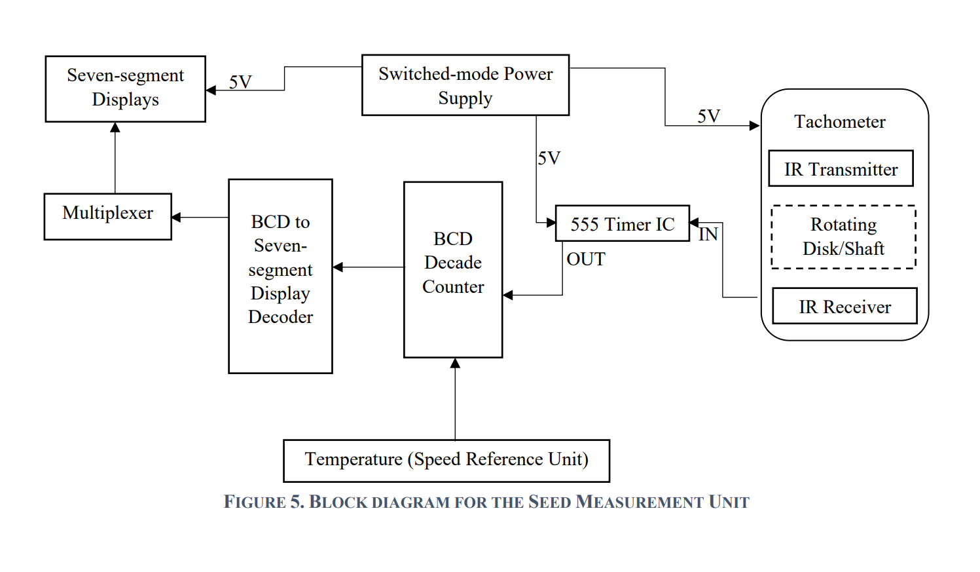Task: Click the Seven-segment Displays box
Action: click(x=125, y=88)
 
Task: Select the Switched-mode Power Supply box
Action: click(x=465, y=85)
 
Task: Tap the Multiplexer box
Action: click(x=107, y=216)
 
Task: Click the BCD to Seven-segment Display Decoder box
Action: click(x=280, y=276)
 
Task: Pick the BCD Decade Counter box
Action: click(x=453, y=269)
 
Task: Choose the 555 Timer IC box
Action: click(x=622, y=223)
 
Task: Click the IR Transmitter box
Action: click(x=841, y=168)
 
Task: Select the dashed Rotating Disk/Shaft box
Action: click(x=843, y=237)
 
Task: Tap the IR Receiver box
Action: click(x=844, y=306)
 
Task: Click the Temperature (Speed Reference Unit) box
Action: click(x=446, y=461)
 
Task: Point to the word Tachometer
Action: click(x=840, y=122)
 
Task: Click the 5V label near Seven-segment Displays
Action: click(x=240, y=82)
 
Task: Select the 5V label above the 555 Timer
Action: click(x=549, y=158)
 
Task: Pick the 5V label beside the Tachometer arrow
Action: click(x=708, y=116)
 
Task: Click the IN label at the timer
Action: click(x=708, y=235)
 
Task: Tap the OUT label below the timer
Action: click(x=586, y=259)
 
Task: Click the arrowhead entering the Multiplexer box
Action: click(x=176, y=217)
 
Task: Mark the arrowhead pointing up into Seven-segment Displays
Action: click(x=115, y=127)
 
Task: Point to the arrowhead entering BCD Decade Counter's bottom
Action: click(x=455, y=363)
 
